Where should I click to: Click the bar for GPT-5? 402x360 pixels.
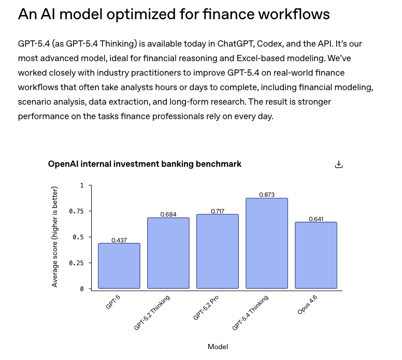point(119,266)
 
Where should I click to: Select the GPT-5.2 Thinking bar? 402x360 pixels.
point(168,253)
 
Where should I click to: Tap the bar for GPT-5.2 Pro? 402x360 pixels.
point(218,251)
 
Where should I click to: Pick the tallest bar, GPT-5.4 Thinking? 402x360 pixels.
point(267,243)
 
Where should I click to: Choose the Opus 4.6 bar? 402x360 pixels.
point(316,255)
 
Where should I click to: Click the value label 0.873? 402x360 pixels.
point(267,195)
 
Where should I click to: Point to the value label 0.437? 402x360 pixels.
point(119,240)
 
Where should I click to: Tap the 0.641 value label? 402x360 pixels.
point(316,219)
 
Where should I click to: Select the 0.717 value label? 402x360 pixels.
point(218,211)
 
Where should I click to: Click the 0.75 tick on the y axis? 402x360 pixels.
point(76,211)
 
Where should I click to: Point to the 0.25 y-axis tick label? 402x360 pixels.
point(76,263)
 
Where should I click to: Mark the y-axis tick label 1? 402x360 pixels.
point(81,185)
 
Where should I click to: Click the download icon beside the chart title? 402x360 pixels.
point(339,164)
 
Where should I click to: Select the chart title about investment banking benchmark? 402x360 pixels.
point(145,164)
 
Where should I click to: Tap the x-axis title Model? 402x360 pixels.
point(218,347)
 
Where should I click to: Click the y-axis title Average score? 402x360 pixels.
point(55,237)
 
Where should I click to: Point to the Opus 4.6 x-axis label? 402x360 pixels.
point(307,304)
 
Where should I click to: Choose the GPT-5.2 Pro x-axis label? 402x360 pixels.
point(206,308)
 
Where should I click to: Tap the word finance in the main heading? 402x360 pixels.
point(241,14)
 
